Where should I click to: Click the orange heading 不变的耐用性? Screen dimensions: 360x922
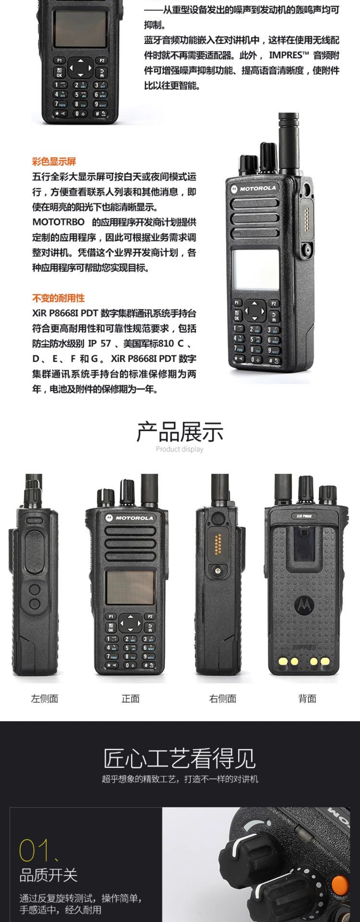point(58,298)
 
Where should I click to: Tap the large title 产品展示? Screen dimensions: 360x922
point(180,431)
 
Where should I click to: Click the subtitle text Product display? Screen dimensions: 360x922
point(180,449)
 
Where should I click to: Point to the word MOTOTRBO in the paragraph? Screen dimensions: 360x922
point(58,222)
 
